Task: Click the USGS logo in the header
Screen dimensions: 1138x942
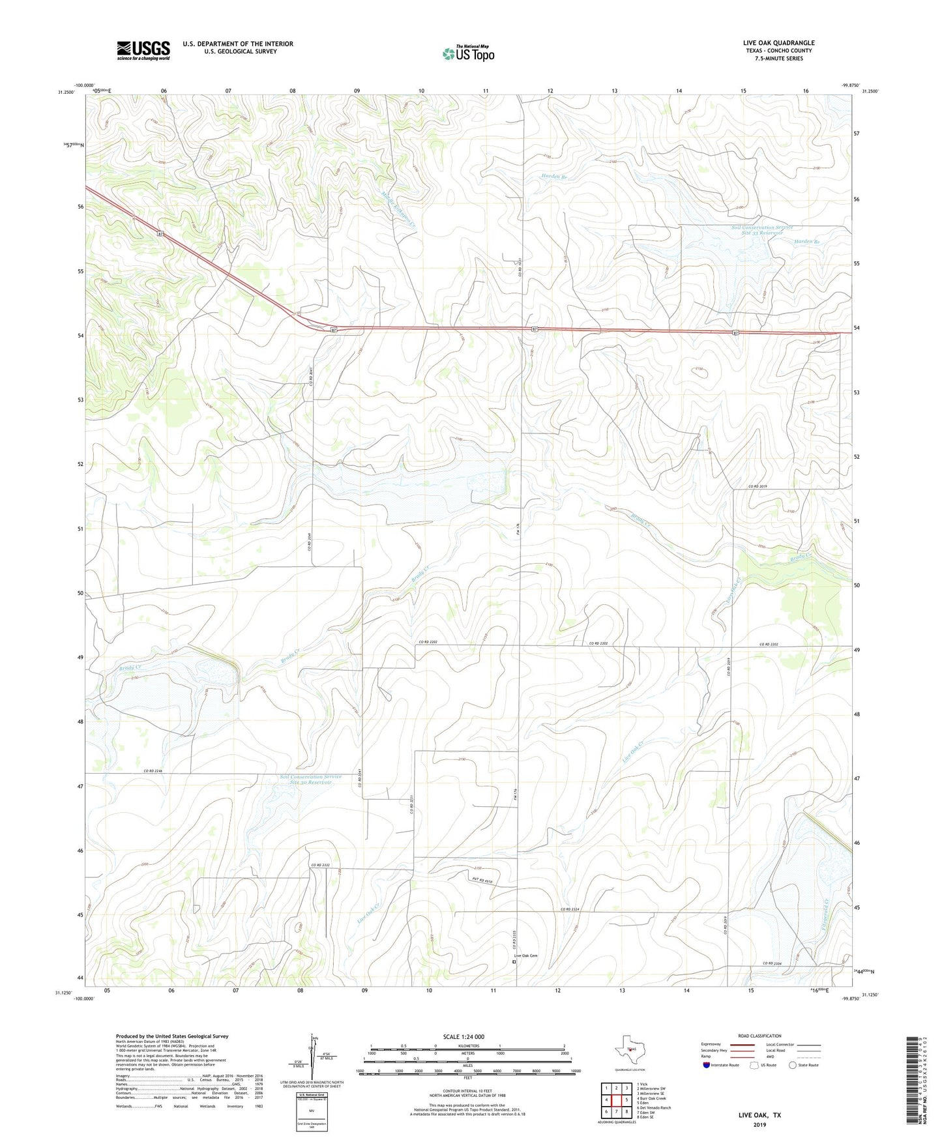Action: coord(143,50)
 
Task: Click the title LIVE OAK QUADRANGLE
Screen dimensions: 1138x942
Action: coord(778,43)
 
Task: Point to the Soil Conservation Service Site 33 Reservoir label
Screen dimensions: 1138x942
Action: coord(761,230)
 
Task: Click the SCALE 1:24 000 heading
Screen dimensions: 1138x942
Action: coord(464,1036)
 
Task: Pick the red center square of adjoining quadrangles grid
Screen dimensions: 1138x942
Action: coord(616,1100)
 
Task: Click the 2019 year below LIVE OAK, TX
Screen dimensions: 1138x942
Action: coord(759,1124)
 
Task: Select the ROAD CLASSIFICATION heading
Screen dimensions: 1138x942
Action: coord(759,1036)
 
